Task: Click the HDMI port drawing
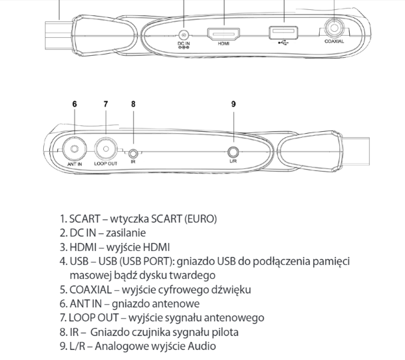(x=223, y=34)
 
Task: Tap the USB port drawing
(x=283, y=33)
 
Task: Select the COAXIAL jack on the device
(x=334, y=28)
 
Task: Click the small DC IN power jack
(x=184, y=35)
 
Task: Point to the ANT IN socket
(x=74, y=149)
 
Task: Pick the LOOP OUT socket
(x=106, y=149)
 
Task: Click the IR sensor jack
(x=133, y=154)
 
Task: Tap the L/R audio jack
(x=233, y=152)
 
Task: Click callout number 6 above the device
(x=74, y=104)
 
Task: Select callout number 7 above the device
(x=106, y=104)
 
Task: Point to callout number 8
(x=133, y=104)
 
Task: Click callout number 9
(x=233, y=104)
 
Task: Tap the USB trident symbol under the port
(x=283, y=43)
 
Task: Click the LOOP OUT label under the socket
(x=106, y=164)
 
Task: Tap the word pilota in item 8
(x=225, y=332)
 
